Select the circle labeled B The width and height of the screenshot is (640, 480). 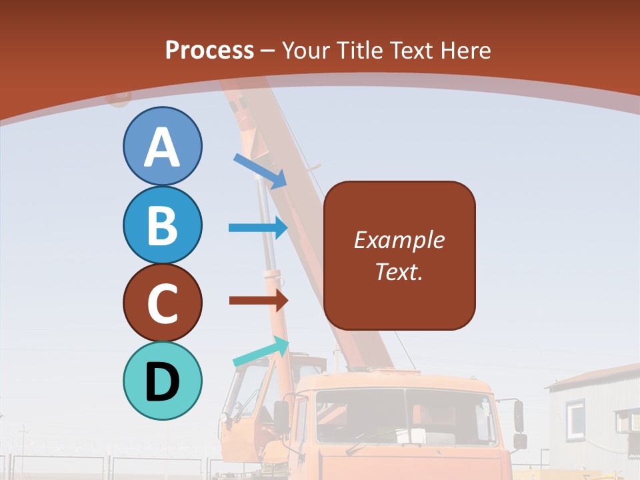click(x=162, y=225)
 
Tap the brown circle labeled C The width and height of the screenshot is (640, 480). click(x=162, y=303)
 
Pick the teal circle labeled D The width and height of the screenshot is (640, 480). click(x=162, y=381)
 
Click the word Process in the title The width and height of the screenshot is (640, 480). click(x=209, y=50)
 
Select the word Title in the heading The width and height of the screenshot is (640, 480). click(x=360, y=50)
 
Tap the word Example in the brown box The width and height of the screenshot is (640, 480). click(x=399, y=240)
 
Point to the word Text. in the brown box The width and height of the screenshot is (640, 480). click(x=399, y=271)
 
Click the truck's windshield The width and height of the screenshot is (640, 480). click(x=406, y=417)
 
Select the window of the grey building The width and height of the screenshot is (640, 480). click(x=575, y=417)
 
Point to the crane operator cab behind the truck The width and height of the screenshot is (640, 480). click(x=243, y=393)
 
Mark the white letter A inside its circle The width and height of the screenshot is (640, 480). click(x=162, y=147)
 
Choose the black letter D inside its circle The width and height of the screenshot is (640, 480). click(x=162, y=382)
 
